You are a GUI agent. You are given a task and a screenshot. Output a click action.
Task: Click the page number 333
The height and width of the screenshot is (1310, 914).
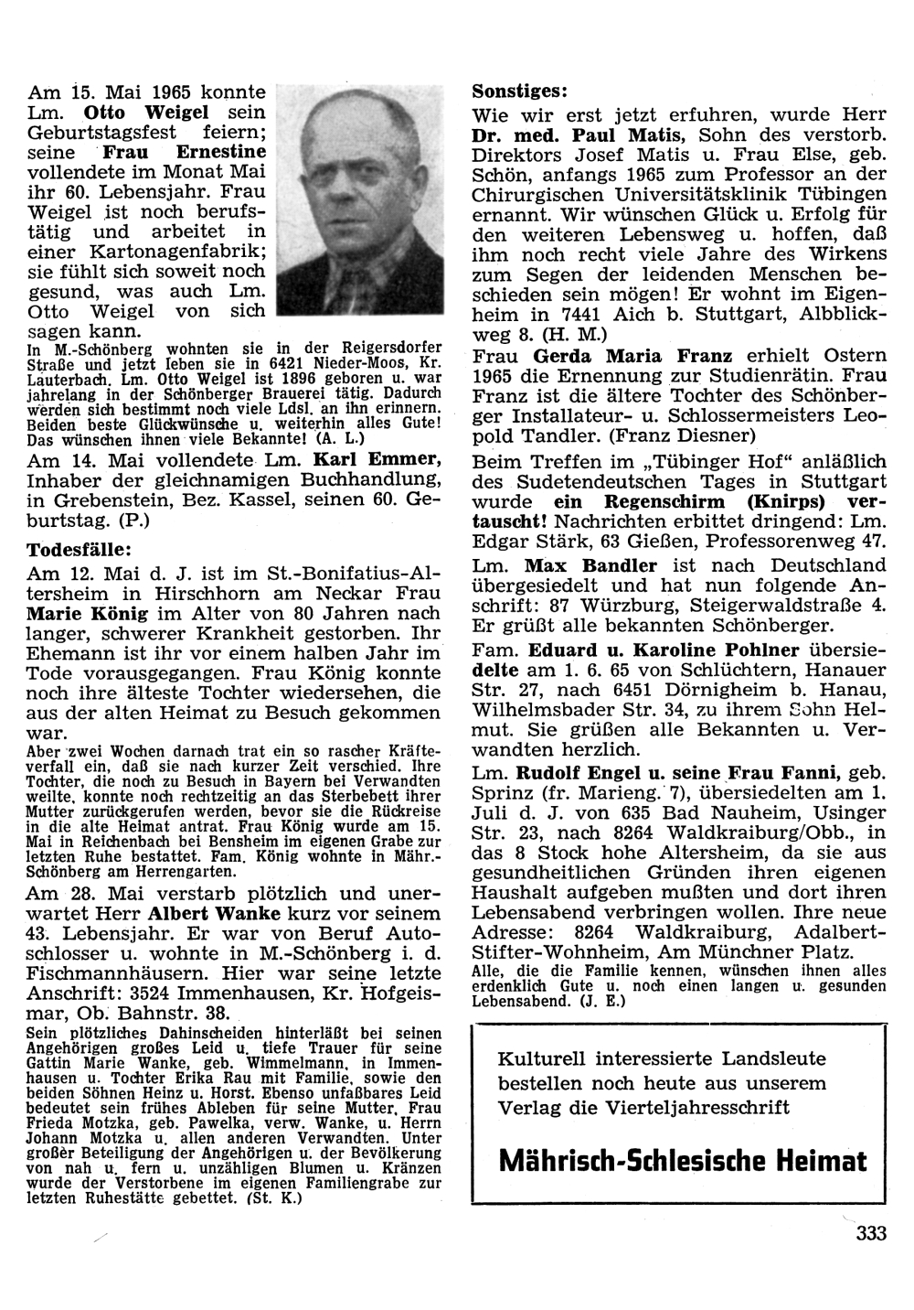pyautogui.click(x=871, y=1234)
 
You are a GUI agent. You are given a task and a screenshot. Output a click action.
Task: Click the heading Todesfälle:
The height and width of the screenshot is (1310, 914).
pyautogui.click(x=80, y=549)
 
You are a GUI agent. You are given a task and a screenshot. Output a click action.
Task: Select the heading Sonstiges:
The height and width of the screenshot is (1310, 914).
pyautogui.click(x=520, y=91)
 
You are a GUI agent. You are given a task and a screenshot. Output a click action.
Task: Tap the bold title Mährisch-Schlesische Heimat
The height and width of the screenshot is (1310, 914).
pyautogui.click(x=684, y=1162)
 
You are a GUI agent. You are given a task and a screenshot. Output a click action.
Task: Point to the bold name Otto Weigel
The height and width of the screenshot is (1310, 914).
pyautogui.click(x=175, y=113)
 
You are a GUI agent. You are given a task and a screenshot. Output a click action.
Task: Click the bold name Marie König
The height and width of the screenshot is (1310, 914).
pyautogui.click(x=75, y=613)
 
